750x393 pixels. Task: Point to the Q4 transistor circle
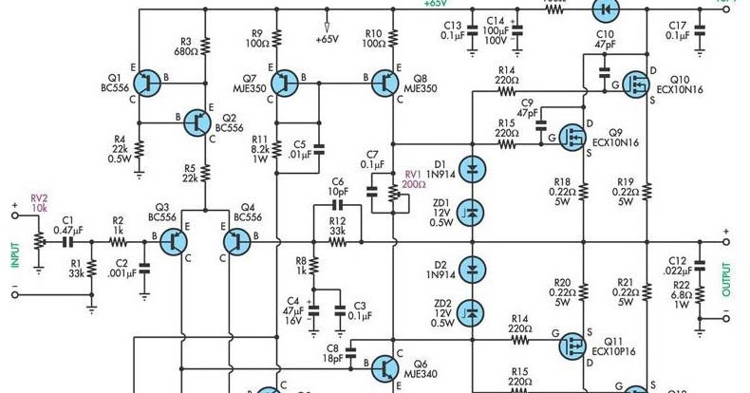(235, 242)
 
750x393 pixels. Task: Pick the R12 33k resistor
(337, 242)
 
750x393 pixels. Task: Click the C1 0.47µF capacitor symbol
(67, 242)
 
